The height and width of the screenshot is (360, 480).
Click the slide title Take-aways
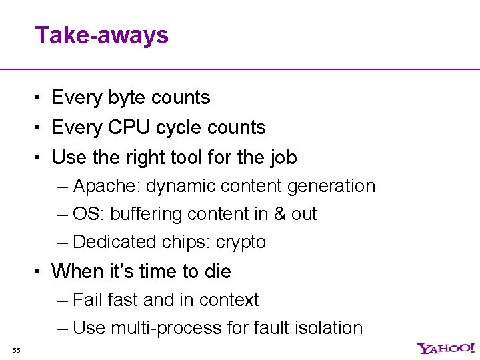[x=102, y=35]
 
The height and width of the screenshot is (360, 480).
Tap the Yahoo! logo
[x=446, y=348]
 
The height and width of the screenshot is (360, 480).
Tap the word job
[x=283, y=157]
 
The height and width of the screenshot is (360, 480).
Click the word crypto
[x=241, y=243]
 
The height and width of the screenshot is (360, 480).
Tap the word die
[x=217, y=271]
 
